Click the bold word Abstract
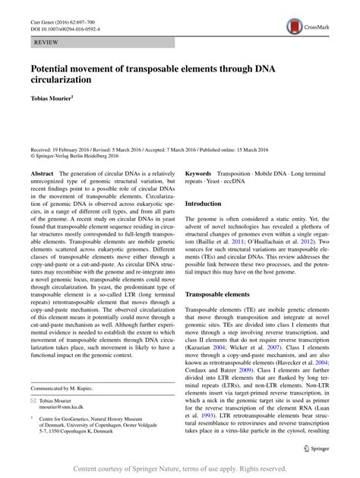(x=42, y=174)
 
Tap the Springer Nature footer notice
(x=180, y=469)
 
